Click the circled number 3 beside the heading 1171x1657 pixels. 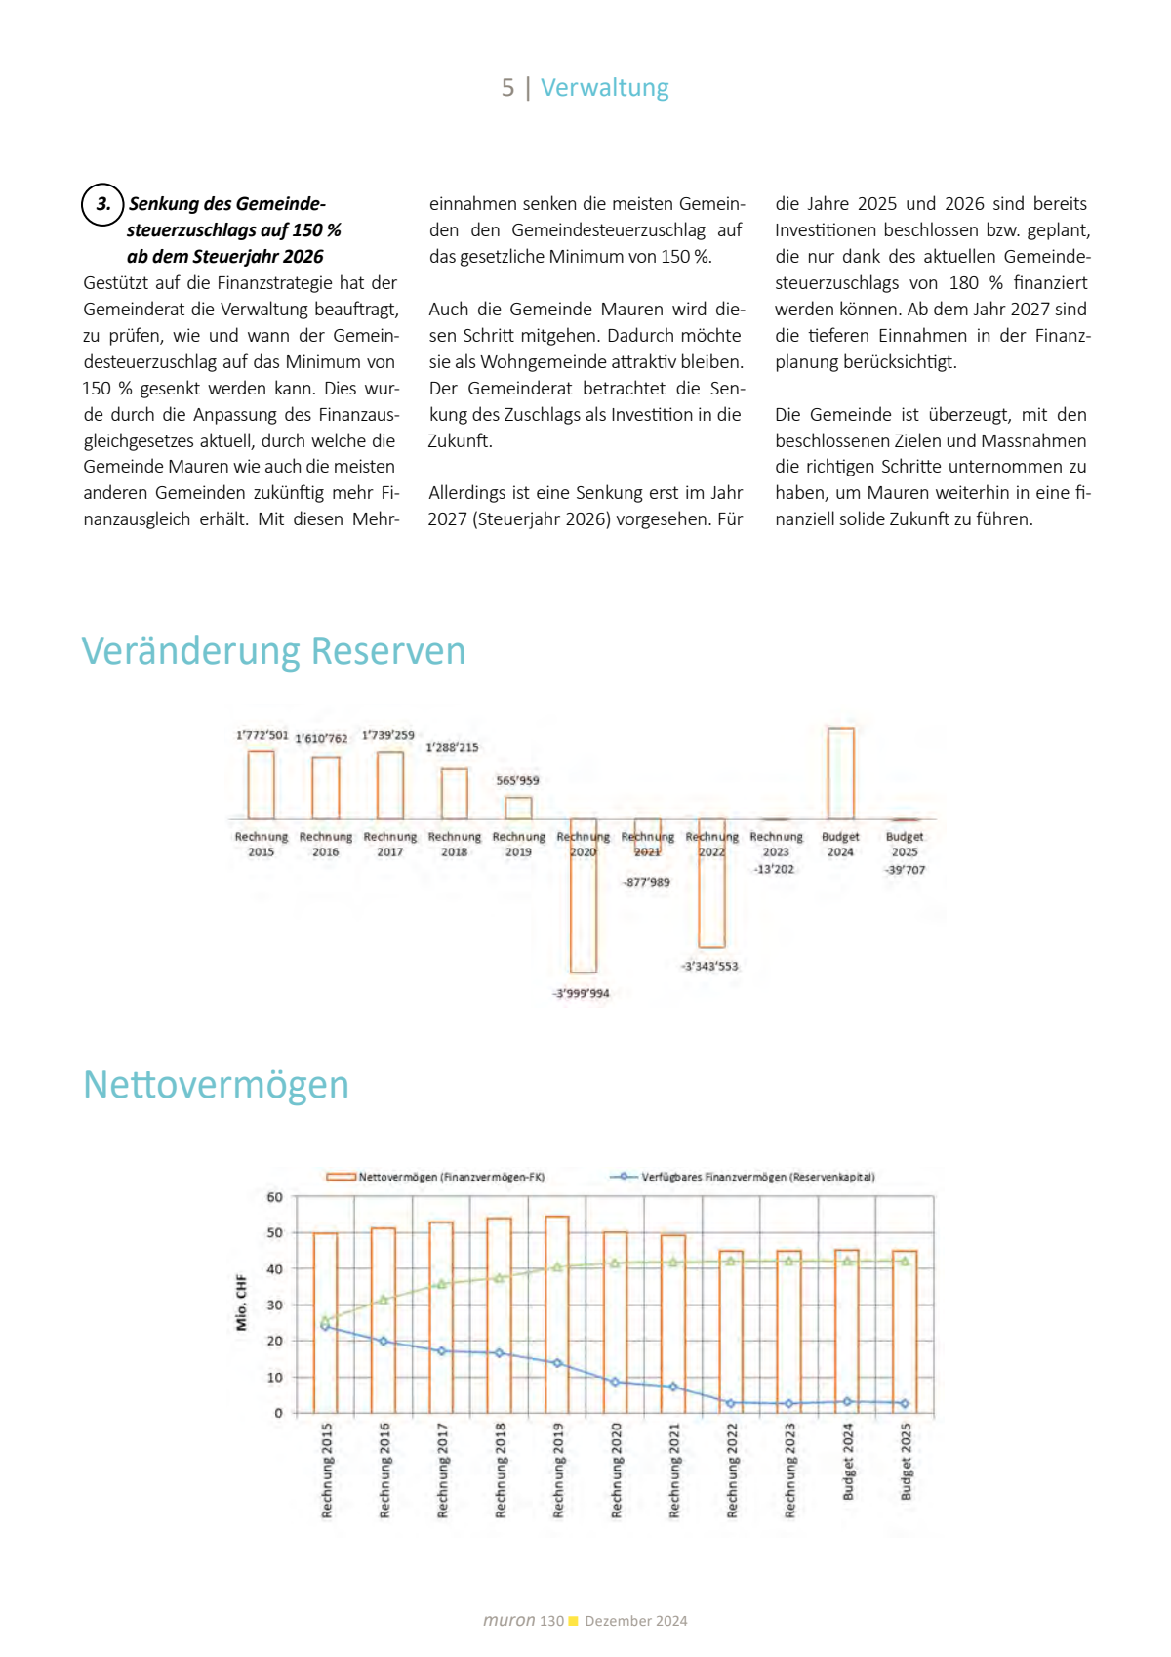tap(102, 205)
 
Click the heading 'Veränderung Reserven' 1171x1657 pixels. tap(273, 651)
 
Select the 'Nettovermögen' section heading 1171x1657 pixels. tap(216, 1085)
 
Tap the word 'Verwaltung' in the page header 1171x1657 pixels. tap(604, 88)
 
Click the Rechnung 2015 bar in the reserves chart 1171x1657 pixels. tap(261, 784)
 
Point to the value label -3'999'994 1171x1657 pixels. tap(582, 993)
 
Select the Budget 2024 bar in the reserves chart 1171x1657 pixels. tap(840, 773)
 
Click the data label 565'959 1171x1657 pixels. tap(517, 780)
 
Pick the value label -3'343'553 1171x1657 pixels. tap(709, 966)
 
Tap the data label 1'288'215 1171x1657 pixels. tap(452, 747)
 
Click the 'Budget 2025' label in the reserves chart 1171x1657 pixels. tap(905, 844)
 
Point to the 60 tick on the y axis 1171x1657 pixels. tap(275, 1197)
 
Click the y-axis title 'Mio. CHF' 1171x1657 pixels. tap(241, 1303)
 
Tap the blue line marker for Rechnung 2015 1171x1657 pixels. tap(325, 1326)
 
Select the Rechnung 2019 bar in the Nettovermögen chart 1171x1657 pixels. tap(557, 1313)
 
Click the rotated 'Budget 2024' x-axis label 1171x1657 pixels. tap(848, 1462)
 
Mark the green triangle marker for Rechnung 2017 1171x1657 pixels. tap(441, 1284)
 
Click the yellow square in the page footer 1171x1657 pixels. tap(574, 1621)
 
